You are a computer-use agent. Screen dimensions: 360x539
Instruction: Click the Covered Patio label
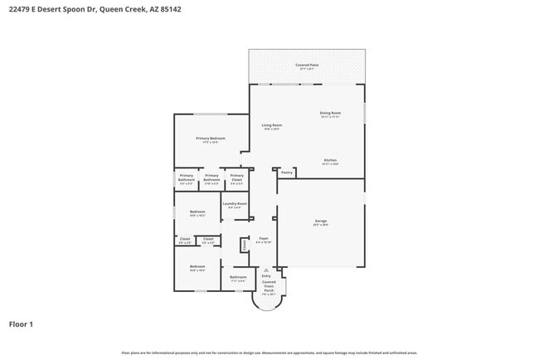pos(306,66)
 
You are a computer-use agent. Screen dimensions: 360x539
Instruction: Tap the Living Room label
pos(272,127)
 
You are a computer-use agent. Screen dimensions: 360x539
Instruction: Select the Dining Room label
pos(330,114)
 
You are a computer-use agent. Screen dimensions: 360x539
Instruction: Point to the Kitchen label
pos(330,161)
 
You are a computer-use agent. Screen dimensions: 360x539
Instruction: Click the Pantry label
pos(287,173)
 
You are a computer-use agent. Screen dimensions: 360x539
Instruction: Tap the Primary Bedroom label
pos(211,139)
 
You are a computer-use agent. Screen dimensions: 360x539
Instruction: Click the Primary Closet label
pos(236,177)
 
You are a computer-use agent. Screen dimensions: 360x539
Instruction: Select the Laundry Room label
pos(236,204)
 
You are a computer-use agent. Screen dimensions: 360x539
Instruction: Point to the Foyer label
pos(263,240)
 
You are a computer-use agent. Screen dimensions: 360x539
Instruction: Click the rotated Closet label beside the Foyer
pos(245,245)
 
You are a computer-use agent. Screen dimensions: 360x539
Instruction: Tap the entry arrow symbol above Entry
pos(266,270)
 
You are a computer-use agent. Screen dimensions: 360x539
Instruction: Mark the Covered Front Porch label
pos(269,287)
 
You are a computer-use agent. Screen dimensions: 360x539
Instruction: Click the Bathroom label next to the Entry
pos(238,278)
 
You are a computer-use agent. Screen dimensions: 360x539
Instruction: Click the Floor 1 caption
pos(21,324)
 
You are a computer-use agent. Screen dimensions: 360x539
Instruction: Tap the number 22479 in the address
pos(20,9)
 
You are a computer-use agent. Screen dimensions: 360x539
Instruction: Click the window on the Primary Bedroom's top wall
pos(211,114)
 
